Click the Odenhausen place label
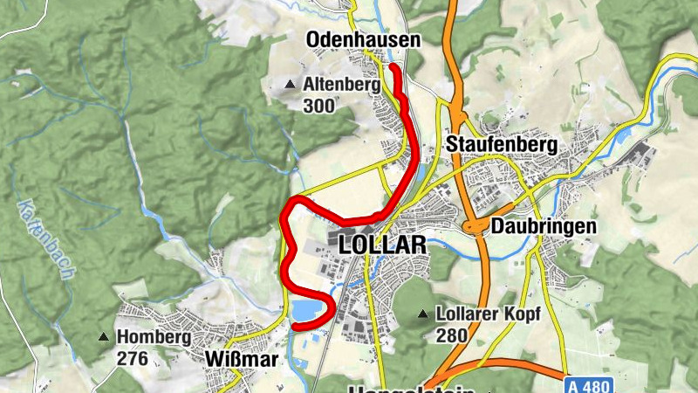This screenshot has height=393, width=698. coord(363,40)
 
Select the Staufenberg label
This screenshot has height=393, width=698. coord(501,144)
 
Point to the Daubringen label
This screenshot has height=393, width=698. coord(543,225)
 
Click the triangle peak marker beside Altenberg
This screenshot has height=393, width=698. coord(291,85)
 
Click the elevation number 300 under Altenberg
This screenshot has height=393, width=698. coord(319,106)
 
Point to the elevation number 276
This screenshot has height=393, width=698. coord(132,357)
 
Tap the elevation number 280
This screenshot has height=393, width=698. coord(451,334)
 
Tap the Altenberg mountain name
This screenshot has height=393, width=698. coord(343,86)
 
